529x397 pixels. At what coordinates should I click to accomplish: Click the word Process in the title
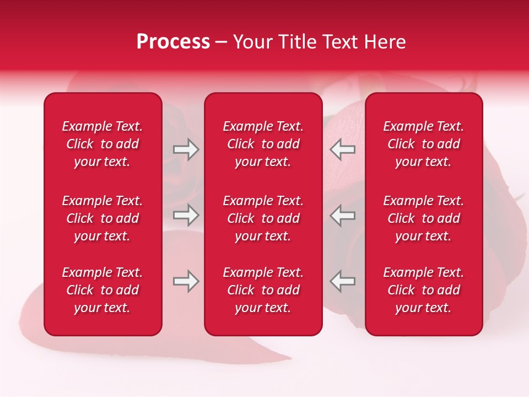coord(173,42)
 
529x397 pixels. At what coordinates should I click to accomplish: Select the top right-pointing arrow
coord(186,149)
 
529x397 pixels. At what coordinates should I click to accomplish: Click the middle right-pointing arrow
coord(186,215)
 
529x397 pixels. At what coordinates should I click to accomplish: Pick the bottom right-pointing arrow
coord(186,281)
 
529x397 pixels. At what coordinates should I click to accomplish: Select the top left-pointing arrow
coord(342,149)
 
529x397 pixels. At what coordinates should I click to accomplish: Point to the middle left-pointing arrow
coord(342,215)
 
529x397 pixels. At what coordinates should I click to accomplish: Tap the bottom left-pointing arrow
coord(342,281)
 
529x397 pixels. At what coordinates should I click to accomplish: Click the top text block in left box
coord(102,144)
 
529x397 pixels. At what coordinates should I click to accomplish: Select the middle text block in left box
coord(102,218)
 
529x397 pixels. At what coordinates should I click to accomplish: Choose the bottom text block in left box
coord(102,290)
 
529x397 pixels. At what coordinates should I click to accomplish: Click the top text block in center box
coord(263,144)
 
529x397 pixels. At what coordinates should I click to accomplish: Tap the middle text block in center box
coord(263,218)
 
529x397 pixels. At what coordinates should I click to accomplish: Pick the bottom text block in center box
coord(263,290)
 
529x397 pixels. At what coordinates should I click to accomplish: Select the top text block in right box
coord(424,144)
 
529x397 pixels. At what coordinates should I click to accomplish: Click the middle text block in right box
coord(424,218)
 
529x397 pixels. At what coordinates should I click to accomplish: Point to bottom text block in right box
coord(424,290)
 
